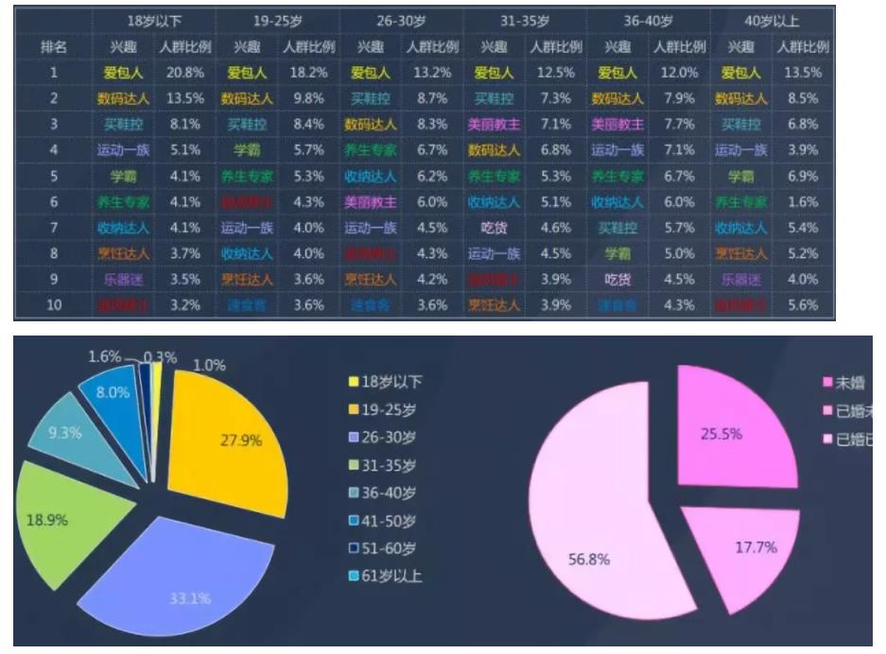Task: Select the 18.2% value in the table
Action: (308, 73)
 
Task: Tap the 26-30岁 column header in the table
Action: (401, 21)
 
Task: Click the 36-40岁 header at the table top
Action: (649, 21)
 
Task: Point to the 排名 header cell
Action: (54, 46)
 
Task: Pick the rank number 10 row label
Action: (54, 304)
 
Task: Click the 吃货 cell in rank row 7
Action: (494, 227)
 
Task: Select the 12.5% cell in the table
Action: (554, 73)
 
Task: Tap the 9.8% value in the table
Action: (308, 98)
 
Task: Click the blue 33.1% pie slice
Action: (180, 567)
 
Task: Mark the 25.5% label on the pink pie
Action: (721, 434)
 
